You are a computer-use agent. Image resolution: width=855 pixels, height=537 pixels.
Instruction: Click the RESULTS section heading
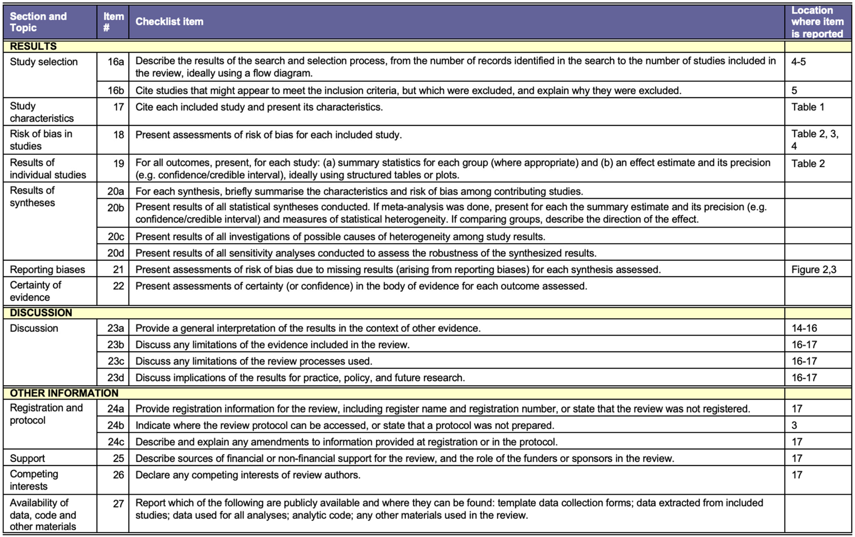[x=33, y=46]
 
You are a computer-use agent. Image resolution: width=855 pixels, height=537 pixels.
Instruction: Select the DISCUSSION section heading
[x=41, y=313]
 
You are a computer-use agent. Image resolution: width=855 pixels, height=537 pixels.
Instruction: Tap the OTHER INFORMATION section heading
[x=64, y=393]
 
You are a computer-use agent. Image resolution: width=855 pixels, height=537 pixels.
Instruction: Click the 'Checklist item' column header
[x=169, y=22]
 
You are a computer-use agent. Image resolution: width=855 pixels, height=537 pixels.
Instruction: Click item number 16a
[x=116, y=62]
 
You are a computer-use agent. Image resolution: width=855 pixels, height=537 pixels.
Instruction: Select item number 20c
[x=116, y=237]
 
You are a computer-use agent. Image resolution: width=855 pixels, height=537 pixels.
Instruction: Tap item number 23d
[x=116, y=378]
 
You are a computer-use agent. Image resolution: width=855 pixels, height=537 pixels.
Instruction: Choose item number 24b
[x=116, y=425]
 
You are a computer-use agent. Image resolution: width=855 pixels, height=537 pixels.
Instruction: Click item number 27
[x=118, y=504]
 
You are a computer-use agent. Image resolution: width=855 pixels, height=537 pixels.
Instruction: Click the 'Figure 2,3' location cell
[x=814, y=270]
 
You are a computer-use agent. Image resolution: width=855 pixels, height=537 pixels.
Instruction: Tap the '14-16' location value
[x=804, y=328]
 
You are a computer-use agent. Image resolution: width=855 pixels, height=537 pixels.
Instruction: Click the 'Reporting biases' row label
[x=47, y=270]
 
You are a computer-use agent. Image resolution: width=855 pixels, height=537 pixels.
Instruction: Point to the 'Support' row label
[x=27, y=458]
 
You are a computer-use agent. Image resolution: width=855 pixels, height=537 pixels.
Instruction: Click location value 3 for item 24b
[x=794, y=425]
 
